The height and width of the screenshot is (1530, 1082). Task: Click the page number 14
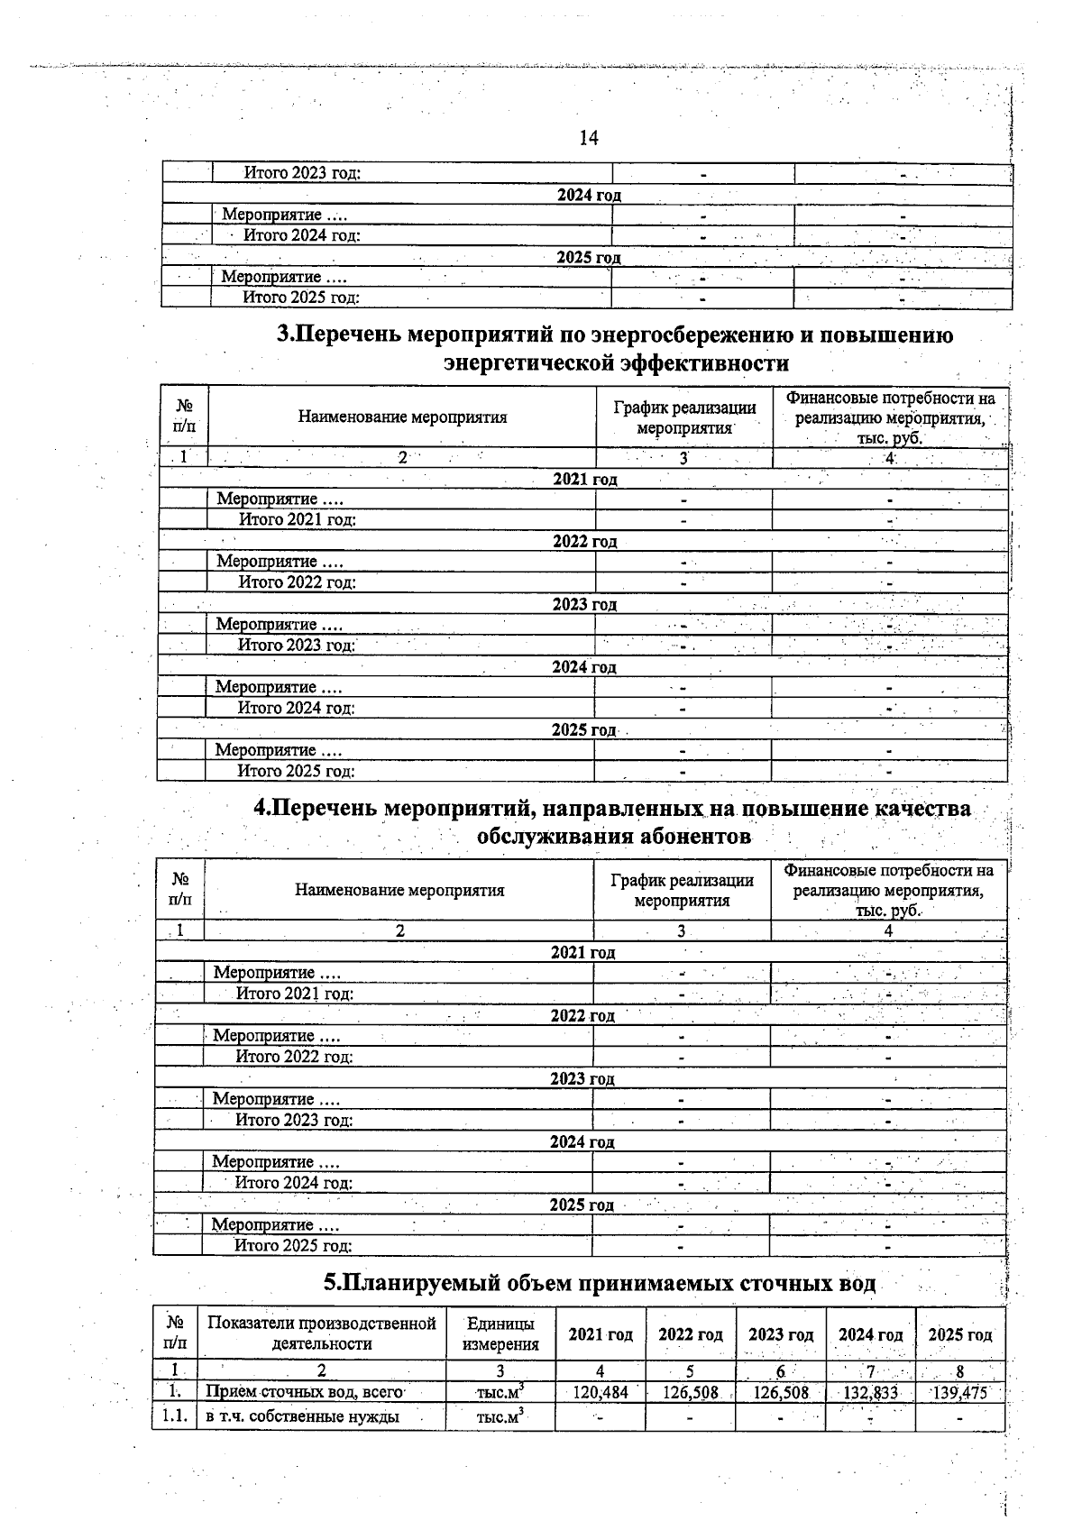pyautogui.click(x=588, y=138)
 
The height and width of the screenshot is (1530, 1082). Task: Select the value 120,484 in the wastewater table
pyautogui.click(x=601, y=1392)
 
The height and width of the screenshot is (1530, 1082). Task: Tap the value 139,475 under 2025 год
pyautogui.click(x=960, y=1392)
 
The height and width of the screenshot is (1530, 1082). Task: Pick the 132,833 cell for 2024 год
pyautogui.click(x=870, y=1392)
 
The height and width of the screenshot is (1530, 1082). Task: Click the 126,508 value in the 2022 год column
pyautogui.click(x=690, y=1392)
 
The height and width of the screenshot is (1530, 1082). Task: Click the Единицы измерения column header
pyautogui.click(x=500, y=1333)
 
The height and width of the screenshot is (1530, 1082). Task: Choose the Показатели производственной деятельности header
pyautogui.click(x=322, y=1333)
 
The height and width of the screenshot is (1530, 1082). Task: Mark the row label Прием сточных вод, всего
pyautogui.click(x=304, y=1392)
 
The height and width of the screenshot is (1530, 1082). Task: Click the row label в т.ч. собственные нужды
pyautogui.click(x=302, y=1416)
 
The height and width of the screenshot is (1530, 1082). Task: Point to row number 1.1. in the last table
pyautogui.click(x=173, y=1416)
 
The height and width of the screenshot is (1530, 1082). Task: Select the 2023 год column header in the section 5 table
pyautogui.click(x=780, y=1334)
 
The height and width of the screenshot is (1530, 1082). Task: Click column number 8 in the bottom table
pyautogui.click(x=960, y=1371)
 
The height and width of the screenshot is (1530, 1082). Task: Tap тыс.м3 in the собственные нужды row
pyautogui.click(x=500, y=1416)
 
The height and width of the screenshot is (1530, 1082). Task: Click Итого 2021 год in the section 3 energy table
pyautogui.click(x=298, y=519)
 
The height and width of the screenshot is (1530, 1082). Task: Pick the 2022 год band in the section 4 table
pyautogui.click(x=582, y=1015)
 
